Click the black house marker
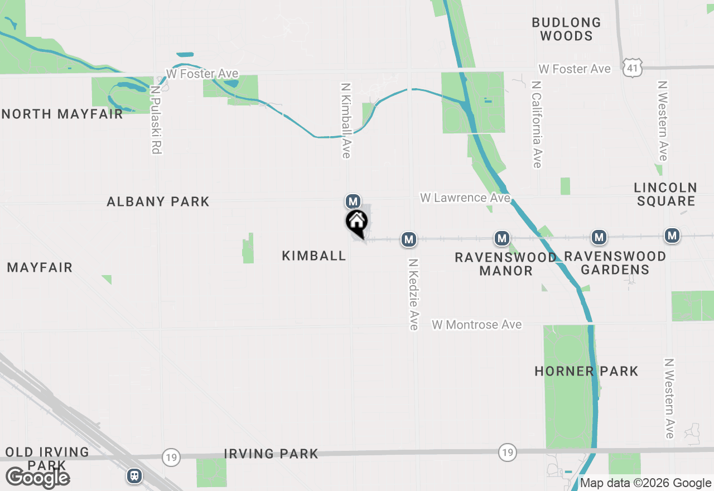click(357, 223)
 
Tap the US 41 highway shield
click(633, 69)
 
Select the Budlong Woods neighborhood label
click(566, 29)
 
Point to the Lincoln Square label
click(666, 194)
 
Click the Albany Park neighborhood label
click(158, 201)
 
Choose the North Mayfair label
click(62, 114)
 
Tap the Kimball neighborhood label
click(314, 256)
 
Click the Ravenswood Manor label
click(505, 264)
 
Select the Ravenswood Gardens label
click(615, 263)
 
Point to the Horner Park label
click(586, 371)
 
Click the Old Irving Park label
click(47, 458)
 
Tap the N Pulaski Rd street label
click(156, 119)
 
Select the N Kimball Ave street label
click(346, 121)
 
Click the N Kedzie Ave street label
click(413, 294)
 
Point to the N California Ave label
click(537, 124)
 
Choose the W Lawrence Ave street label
click(465, 198)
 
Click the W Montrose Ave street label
click(477, 325)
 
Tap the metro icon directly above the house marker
click(353, 201)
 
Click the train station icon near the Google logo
click(134, 475)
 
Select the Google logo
click(37, 478)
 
